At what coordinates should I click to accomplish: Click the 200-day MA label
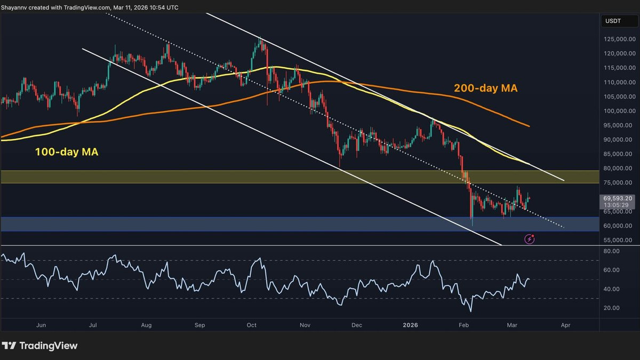(x=485, y=87)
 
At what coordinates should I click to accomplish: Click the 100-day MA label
(x=67, y=152)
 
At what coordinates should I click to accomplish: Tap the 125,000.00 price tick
(x=619, y=39)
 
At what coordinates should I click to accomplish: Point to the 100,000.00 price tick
(x=619, y=111)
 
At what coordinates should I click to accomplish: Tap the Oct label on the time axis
(x=252, y=324)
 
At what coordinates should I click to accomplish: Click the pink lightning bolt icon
(x=529, y=239)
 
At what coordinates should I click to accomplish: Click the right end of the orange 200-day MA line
(x=529, y=126)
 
